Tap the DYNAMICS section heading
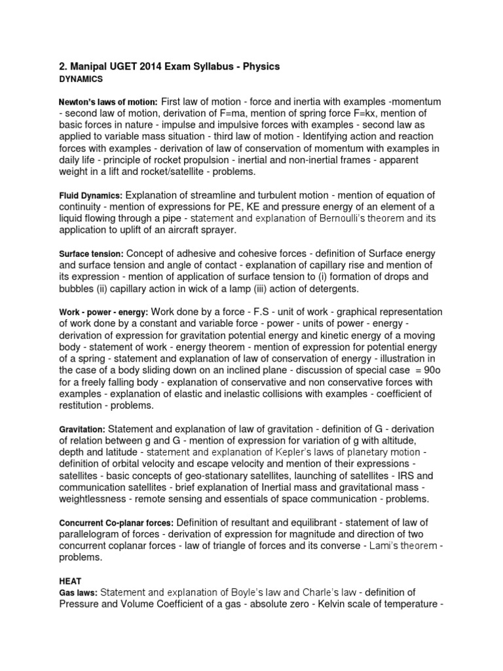point(81,79)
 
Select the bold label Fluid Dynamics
point(90,195)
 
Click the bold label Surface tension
point(91,254)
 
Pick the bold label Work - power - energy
point(104,312)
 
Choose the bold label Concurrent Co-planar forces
point(116,522)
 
